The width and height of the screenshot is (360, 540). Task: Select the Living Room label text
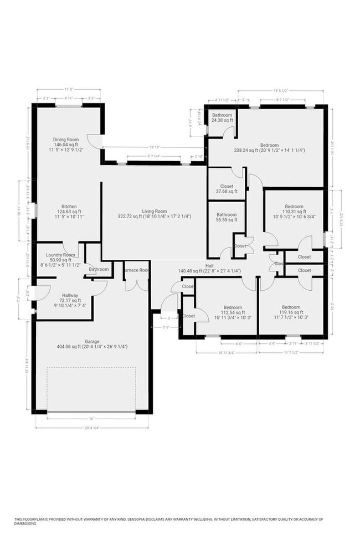point(154,213)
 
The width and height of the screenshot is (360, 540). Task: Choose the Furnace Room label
point(136,270)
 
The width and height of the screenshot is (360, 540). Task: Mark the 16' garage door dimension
point(92,418)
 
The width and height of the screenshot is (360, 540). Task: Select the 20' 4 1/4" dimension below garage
point(92,428)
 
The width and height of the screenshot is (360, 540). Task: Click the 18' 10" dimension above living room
point(154,147)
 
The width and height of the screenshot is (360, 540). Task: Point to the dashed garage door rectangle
point(92,388)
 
